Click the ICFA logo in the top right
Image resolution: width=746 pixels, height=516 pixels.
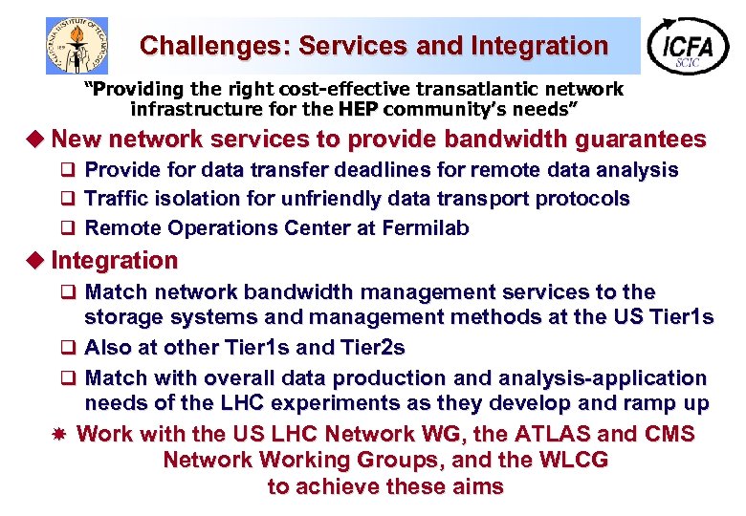[x=688, y=46]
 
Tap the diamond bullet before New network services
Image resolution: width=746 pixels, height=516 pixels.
[x=37, y=140]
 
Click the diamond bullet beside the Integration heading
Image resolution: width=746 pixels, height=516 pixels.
[x=37, y=260]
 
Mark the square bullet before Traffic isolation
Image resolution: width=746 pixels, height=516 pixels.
[x=68, y=199]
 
